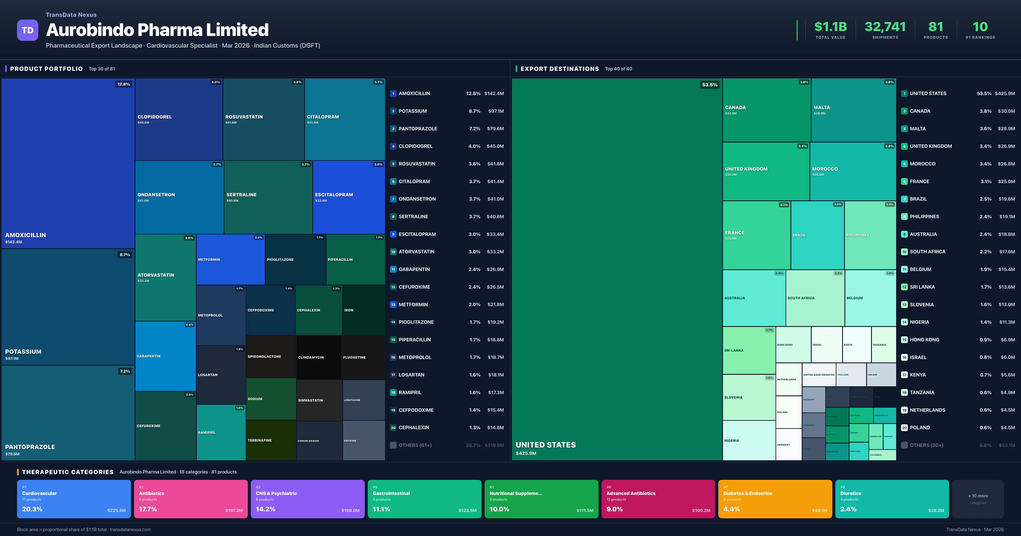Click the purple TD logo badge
(27, 30)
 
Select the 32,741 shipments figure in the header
(885, 27)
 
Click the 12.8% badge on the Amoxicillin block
(124, 84)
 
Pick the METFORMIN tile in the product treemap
(230, 259)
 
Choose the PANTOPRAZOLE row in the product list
(447, 128)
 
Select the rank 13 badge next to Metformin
(393, 304)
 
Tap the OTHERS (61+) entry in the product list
(447, 445)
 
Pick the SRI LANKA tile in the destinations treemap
(749, 351)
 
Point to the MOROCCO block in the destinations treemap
(853, 171)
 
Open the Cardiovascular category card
(74, 499)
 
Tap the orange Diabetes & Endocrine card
(775, 499)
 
